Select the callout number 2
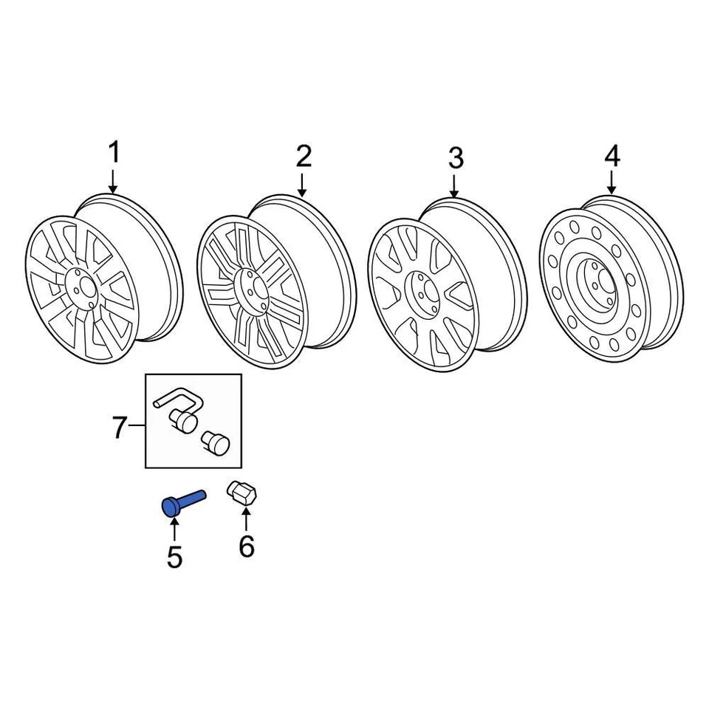coord(304,156)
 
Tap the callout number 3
coord(456,157)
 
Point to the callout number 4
coord(612,156)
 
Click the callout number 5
coord(174,557)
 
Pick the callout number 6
coord(246,547)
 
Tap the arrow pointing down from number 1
coord(113,180)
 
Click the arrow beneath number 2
coord(304,183)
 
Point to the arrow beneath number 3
coord(455,185)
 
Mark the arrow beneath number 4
coord(612,183)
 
